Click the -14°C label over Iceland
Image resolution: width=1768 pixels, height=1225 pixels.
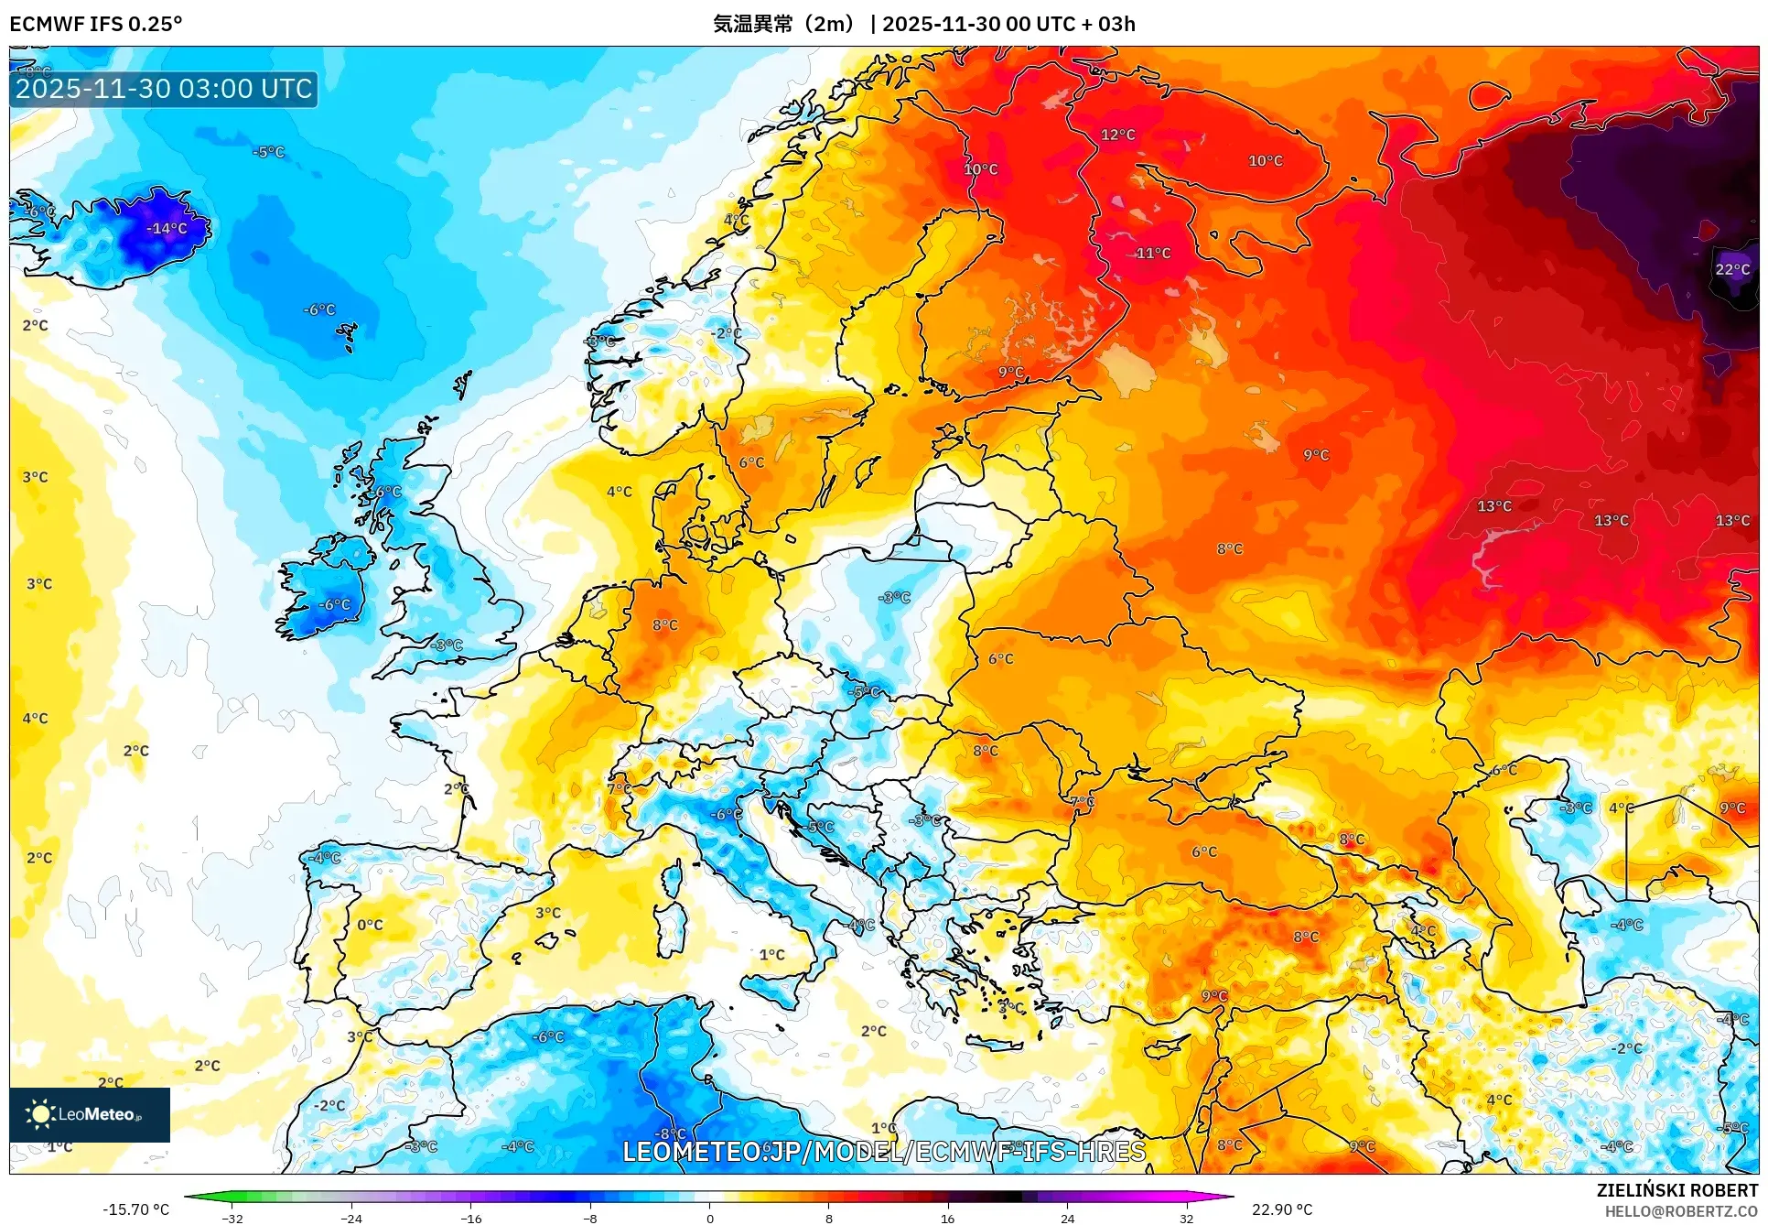(167, 229)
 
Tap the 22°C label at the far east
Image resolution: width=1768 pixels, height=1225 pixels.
(1731, 269)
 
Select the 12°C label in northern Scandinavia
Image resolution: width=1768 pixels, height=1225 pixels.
(1117, 136)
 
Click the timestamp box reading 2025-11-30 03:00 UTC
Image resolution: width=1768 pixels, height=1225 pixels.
(164, 89)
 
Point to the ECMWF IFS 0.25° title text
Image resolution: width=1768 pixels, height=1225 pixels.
(96, 24)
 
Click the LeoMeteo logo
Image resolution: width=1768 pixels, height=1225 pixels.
(89, 1114)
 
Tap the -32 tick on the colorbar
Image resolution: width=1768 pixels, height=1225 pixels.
(232, 1218)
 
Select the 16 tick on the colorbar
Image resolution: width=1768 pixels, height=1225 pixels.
(947, 1218)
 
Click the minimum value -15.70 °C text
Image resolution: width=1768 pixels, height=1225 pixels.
(135, 1209)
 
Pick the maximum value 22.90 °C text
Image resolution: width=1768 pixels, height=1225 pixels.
(1281, 1209)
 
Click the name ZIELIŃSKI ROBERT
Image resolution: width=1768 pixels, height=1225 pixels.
(1676, 1190)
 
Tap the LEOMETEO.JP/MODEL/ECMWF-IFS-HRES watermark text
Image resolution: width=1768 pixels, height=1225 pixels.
(883, 1152)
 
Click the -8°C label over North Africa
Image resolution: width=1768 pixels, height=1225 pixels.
(671, 1133)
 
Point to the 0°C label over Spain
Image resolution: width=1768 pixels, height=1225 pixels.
(370, 925)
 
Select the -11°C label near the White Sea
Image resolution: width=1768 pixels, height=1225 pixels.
(1152, 254)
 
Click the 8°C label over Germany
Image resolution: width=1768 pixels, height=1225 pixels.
(665, 625)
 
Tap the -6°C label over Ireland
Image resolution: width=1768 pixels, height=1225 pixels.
(334, 605)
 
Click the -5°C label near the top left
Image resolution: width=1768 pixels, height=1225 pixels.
(268, 153)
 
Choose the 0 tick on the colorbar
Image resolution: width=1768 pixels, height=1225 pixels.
(709, 1218)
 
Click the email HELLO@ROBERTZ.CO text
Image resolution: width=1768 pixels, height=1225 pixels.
(1681, 1211)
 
